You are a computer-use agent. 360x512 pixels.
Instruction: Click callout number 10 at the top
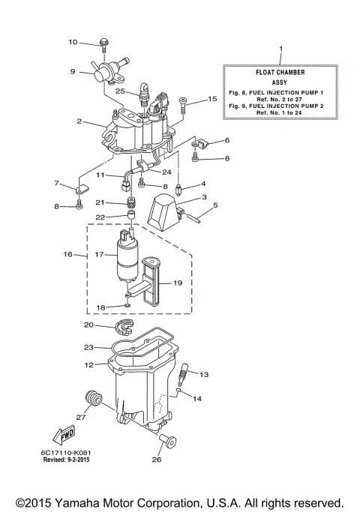point(73,42)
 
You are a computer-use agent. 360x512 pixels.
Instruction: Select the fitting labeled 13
point(185,371)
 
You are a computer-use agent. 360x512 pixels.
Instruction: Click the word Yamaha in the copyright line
point(87,502)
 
